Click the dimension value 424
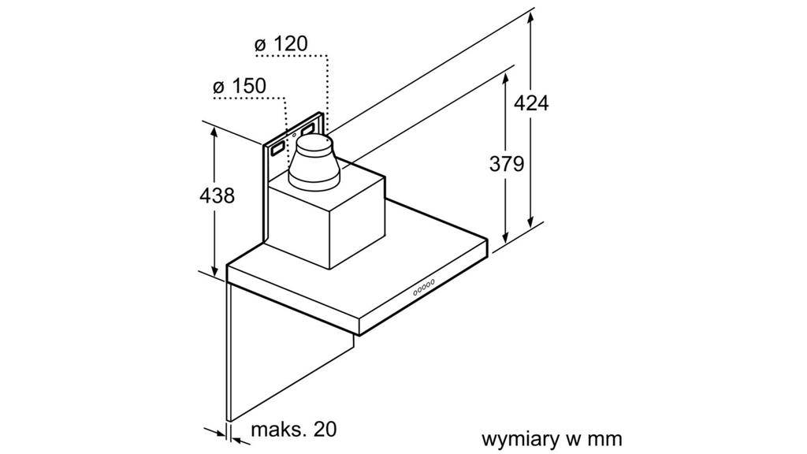point(531,102)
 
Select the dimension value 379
point(507,164)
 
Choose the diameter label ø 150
point(240,86)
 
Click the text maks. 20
point(293,430)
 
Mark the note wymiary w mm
point(552,438)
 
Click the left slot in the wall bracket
point(277,147)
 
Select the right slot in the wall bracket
point(308,127)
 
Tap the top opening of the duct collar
point(314,143)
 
